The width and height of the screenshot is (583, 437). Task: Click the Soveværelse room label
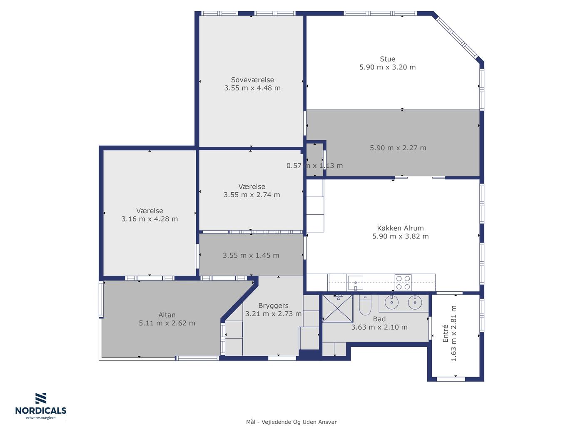(252, 79)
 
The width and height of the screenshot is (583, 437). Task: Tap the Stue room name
(387, 59)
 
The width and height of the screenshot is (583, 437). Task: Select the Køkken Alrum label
(400, 228)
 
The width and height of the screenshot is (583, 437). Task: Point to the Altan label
(167, 315)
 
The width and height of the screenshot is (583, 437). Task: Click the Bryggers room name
(273, 305)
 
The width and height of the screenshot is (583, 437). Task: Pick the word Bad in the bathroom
(379, 319)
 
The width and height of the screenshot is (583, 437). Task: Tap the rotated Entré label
(445, 333)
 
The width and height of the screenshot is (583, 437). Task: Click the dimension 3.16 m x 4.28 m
(149, 219)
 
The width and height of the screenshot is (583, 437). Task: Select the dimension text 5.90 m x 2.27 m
(398, 148)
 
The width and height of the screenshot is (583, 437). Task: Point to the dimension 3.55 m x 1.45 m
(251, 255)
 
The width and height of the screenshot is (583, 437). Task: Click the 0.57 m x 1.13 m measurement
(314, 166)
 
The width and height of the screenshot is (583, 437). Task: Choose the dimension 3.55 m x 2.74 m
(252, 195)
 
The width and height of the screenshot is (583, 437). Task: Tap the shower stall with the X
(337, 308)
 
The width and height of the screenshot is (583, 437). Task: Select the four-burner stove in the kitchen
(403, 283)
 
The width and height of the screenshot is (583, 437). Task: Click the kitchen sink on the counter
(355, 282)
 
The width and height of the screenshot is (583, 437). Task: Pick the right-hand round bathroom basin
(415, 302)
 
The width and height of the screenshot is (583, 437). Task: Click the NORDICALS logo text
(41, 410)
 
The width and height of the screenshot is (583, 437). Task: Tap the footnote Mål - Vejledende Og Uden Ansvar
(291, 422)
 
